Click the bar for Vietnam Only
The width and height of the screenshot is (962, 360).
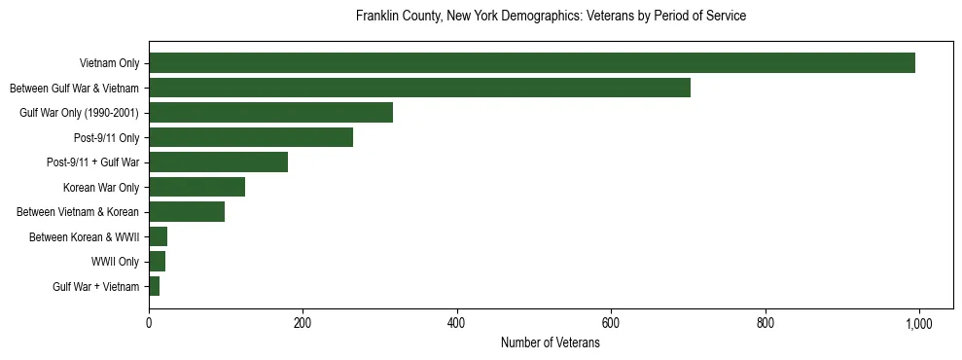532,63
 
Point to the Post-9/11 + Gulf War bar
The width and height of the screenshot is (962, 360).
218,162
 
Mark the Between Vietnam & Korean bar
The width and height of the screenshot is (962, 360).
187,211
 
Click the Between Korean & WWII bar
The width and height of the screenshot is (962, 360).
159,236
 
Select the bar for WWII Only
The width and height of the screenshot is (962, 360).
158,261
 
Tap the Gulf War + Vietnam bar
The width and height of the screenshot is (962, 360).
155,286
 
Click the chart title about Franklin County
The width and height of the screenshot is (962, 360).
551,17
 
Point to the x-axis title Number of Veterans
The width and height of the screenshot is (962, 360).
551,343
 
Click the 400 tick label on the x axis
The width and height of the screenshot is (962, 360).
457,324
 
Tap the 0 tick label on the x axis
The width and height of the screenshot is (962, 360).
149,324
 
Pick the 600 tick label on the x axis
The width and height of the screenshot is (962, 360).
611,324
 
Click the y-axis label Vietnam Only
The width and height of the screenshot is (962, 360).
109,63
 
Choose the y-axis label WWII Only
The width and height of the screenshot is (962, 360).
115,261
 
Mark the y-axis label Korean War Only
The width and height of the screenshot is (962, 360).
101,187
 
